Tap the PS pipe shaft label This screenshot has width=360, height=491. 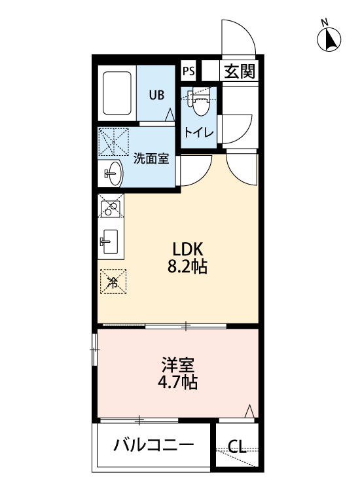coord(189,71)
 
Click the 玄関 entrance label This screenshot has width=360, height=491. coord(240,72)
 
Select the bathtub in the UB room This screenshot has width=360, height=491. coord(117,93)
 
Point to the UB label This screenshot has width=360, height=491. coord(156,94)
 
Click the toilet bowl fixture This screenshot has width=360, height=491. coord(200,101)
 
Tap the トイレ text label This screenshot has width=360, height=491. coord(199,133)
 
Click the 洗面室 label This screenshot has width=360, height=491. coord(151,159)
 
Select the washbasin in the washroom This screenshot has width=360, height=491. coord(113,173)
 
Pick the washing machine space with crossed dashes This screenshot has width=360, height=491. coord(113,141)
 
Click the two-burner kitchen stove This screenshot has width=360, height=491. coord(111,206)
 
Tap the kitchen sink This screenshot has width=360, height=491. coord(109,242)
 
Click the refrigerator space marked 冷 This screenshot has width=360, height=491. coord(113,282)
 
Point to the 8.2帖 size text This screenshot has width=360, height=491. coord(187,267)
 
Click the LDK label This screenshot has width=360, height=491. coord(188,249)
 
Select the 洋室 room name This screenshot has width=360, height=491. coord(178,364)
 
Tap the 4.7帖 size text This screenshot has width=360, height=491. coord(177,382)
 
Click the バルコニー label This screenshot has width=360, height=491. coord(153,445)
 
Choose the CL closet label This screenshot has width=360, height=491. coord(237,447)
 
